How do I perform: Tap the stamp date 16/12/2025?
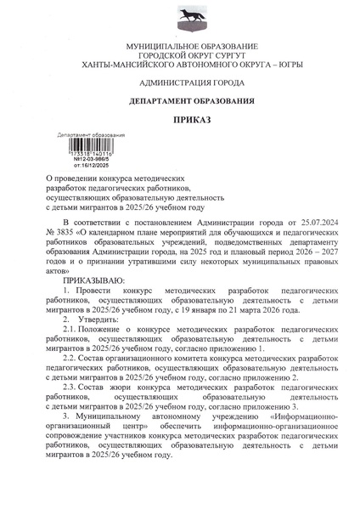coord(92,158)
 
